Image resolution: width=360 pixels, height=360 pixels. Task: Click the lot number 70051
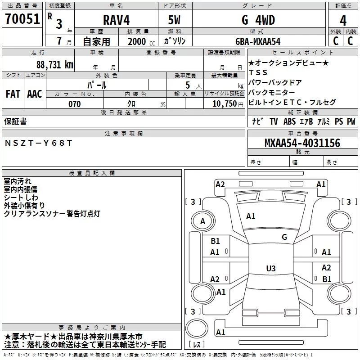click(22, 19)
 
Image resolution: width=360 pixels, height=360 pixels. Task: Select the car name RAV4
click(116, 20)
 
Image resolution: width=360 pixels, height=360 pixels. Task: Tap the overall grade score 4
click(343, 21)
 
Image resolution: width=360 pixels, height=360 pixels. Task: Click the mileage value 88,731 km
click(54, 64)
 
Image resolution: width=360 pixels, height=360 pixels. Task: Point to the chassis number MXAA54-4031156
click(302, 143)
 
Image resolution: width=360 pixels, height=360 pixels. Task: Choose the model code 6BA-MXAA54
click(258, 41)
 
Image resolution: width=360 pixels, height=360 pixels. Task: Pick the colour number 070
click(75, 104)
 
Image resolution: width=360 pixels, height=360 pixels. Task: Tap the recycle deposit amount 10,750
click(225, 104)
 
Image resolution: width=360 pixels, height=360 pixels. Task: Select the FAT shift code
click(13, 94)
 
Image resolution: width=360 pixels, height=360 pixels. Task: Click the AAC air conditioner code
click(35, 94)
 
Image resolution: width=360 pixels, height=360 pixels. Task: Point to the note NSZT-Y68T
click(38, 143)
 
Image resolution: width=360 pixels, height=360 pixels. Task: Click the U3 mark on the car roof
click(271, 268)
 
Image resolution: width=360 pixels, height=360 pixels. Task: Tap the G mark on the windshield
click(284, 237)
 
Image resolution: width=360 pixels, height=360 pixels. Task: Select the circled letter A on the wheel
click(202, 221)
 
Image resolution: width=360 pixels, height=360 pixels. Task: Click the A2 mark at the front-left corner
click(220, 184)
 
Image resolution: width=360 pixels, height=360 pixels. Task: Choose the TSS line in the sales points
click(258, 72)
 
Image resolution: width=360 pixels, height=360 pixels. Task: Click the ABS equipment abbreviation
click(289, 121)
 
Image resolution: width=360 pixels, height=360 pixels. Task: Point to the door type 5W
click(174, 20)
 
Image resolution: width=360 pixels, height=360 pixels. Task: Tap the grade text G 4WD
click(258, 20)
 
